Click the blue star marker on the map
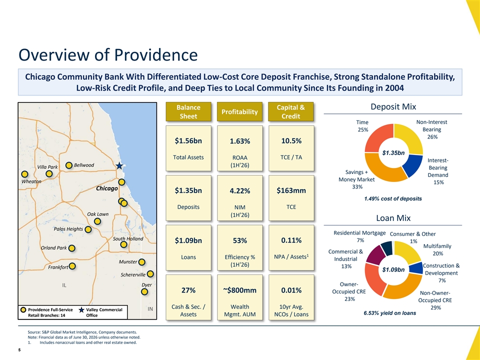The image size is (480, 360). [x=119, y=166]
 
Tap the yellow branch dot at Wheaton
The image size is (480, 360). [x=25, y=174]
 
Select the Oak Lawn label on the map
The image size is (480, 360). [x=97, y=214]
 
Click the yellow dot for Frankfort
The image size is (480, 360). [x=72, y=266]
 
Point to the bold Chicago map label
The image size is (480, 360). [x=107, y=188]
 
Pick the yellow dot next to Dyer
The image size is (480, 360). [x=144, y=291]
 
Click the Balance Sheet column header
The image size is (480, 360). [x=188, y=111]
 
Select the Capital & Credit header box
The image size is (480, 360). [x=291, y=111]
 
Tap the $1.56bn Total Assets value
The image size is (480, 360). [x=188, y=141]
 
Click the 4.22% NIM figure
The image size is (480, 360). [x=239, y=191]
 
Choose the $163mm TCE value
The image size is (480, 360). [x=291, y=190]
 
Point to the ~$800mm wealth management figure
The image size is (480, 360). [x=239, y=290]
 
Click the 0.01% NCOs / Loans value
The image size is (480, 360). [x=291, y=290]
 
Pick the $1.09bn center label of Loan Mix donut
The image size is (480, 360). [x=393, y=269]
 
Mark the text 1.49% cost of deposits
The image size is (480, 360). [x=393, y=198]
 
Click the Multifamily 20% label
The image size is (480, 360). [x=437, y=250]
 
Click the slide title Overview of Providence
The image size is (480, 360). [x=108, y=55]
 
